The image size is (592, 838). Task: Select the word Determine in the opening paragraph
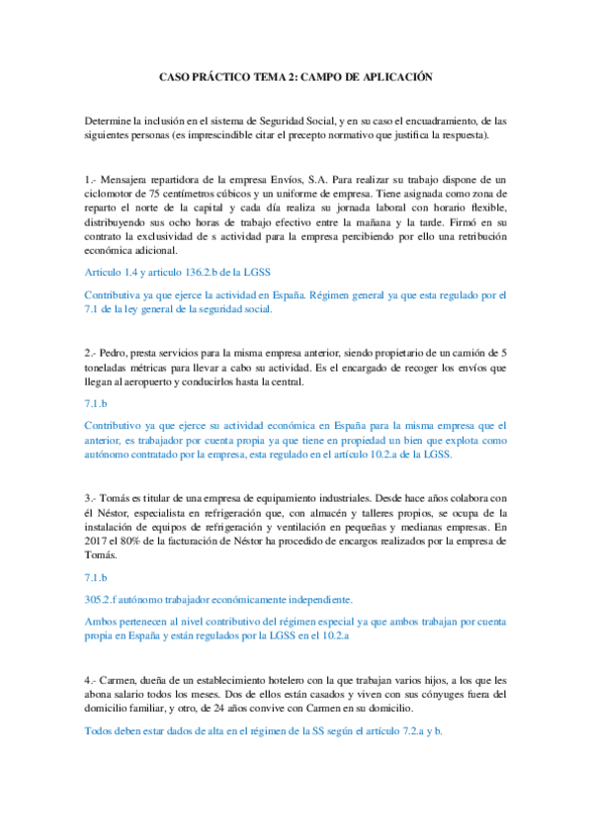coord(110,121)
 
